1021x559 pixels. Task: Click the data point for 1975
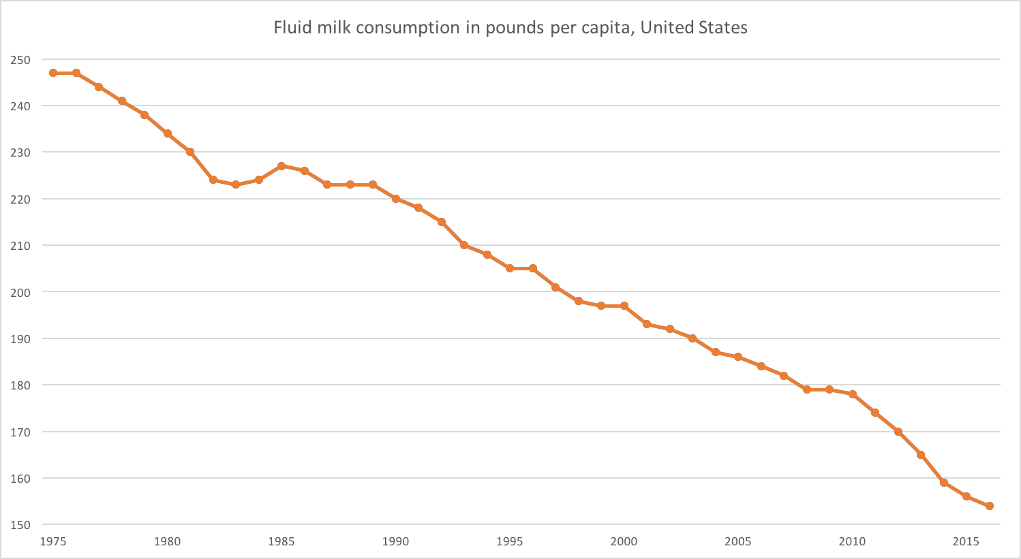[53, 73]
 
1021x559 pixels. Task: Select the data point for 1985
[281, 166]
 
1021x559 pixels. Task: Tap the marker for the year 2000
[624, 306]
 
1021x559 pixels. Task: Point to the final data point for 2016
[989, 506]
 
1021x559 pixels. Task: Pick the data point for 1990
[395, 199]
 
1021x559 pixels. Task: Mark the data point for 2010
[852, 394]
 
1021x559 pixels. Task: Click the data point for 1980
[167, 133]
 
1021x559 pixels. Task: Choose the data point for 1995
[510, 268]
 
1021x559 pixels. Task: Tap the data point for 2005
[738, 357]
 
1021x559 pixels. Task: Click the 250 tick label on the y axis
[20, 60]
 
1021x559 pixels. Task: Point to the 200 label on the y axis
[20, 292]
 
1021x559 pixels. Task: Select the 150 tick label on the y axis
[20, 525]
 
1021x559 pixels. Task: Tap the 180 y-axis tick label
[20, 385]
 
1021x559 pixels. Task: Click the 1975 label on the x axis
[53, 542]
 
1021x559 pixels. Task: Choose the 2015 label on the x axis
[966, 542]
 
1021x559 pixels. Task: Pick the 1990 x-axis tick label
[395, 542]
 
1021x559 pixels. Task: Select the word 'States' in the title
[724, 28]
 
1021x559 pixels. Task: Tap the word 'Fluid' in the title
[289, 28]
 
